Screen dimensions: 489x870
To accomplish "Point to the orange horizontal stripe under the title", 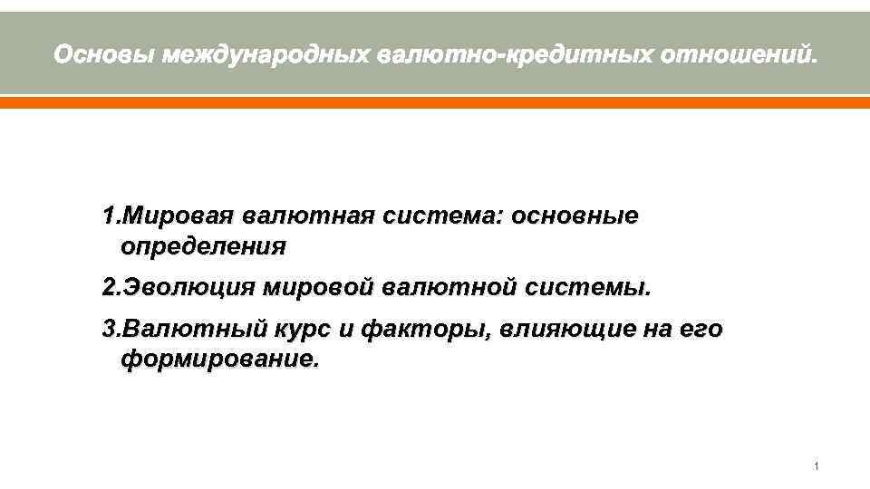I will pos(435,103).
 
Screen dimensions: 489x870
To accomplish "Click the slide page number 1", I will pos(817,466).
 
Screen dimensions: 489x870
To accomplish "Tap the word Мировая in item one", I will pos(179,217).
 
